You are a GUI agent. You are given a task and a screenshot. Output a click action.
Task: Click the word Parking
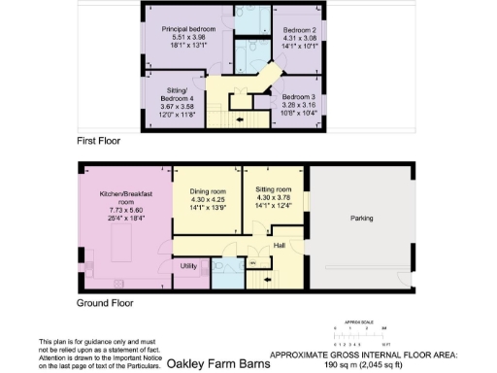(x=361, y=219)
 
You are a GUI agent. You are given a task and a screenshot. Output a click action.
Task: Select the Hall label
(x=279, y=245)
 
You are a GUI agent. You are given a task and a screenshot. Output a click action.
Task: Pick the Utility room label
(x=189, y=265)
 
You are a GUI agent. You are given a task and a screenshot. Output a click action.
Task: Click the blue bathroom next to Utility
(x=225, y=267)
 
